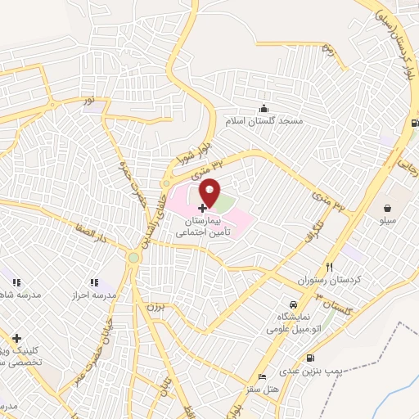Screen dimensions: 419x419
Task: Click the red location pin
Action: [210, 191]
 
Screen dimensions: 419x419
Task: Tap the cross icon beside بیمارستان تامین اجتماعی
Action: [203, 209]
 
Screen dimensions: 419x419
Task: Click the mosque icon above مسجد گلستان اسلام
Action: [264, 108]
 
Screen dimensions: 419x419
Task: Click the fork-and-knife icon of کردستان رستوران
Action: [330, 267]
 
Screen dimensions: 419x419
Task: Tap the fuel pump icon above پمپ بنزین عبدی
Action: [309, 358]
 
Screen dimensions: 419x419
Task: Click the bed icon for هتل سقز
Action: [260, 377]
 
